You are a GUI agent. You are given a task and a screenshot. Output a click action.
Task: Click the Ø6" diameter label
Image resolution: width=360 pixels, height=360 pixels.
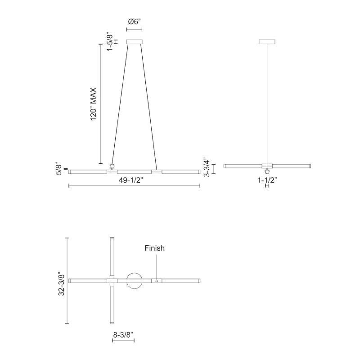tap(134, 22)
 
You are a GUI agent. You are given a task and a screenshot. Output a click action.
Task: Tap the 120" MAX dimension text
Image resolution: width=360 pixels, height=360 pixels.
tap(93, 104)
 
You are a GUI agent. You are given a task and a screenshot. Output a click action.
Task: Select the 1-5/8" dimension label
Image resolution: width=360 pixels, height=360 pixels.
tap(110, 42)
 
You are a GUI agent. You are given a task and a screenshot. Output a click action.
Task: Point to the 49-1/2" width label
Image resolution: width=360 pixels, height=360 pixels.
tap(131, 180)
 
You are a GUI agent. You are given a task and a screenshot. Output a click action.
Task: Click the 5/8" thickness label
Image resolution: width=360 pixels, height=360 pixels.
tap(59, 169)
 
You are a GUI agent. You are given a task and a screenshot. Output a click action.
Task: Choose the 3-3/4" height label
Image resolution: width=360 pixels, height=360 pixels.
tap(207, 167)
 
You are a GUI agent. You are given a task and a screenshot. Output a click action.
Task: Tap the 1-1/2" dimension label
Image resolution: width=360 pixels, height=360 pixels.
tap(267, 180)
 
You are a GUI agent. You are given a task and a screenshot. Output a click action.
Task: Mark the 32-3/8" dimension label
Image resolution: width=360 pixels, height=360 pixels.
tap(61, 284)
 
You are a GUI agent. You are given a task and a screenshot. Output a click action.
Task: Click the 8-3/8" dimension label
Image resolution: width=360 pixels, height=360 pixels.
tap(123, 335)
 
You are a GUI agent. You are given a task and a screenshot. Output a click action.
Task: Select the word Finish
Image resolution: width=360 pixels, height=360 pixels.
tap(154, 248)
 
